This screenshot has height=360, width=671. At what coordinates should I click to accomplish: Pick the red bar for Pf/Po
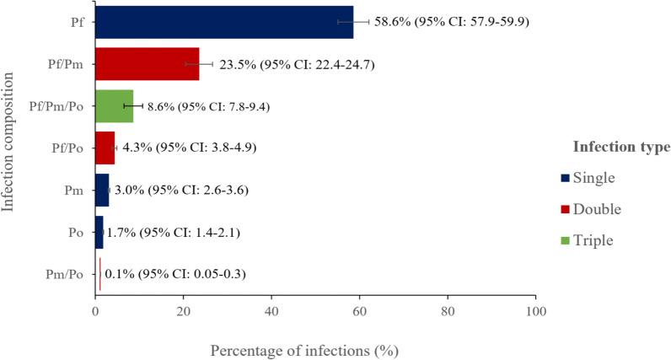(x=105, y=148)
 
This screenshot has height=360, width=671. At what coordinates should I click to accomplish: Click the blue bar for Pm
(x=102, y=190)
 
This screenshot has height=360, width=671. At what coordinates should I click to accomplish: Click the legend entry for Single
(x=596, y=177)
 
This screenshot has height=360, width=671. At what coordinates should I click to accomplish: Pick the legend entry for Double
(x=599, y=208)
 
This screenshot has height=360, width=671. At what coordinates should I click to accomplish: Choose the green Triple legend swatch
(x=564, y=240)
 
